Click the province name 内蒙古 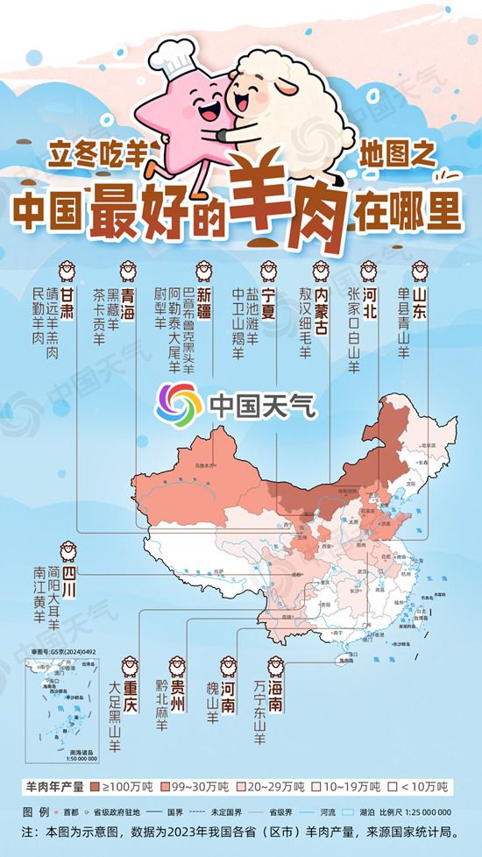click(x=322, y=301)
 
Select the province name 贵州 click(x=178, y=691)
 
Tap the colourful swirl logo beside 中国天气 click(x=179, y=402)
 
